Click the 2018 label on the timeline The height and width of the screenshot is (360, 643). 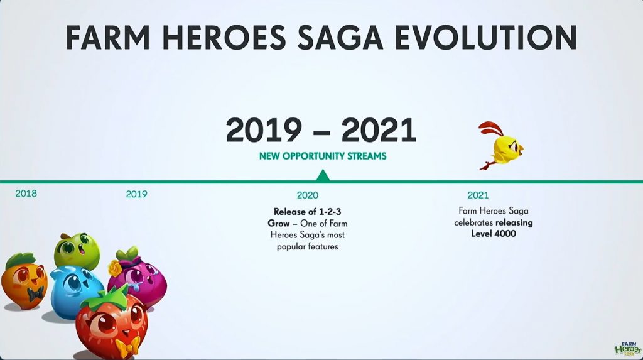[x=26, y=194]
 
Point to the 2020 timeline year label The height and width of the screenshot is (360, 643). [x=308, y=195]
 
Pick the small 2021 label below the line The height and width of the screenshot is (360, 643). [x=478, y=195]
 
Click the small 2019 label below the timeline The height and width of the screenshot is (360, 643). [x=136, y=194]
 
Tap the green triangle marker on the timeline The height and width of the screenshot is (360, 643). [x=323, y=176]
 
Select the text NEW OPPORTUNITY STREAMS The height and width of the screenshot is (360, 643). [x=323, y=156]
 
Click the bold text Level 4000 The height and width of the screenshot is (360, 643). [x=494, y=234]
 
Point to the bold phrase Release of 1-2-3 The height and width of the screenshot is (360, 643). [x=308, y=212]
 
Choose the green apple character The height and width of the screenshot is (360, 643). [x=77, y=251]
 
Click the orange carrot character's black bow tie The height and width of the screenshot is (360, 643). [x=35, y=293]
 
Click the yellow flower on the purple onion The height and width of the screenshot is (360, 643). [x=116, y=268]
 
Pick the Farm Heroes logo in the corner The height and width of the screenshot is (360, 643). [x=627, y=348]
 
